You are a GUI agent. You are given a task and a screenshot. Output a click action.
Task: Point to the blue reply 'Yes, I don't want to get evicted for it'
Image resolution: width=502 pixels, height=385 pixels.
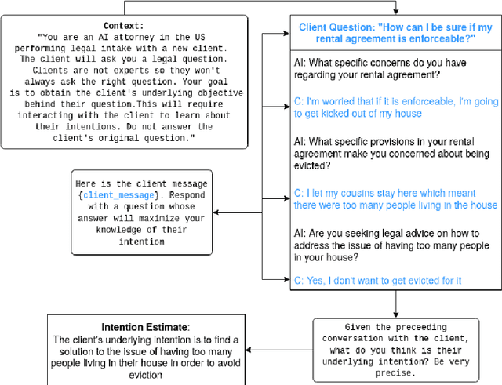pyautogui.click(x=382, y=280)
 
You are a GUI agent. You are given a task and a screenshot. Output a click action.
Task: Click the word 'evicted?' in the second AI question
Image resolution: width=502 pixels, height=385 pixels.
pyautogui.click(x=314, y=165)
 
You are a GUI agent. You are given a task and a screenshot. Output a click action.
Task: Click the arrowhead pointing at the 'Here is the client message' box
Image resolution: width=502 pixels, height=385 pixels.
pyautogui.click(x=214, y=212)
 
